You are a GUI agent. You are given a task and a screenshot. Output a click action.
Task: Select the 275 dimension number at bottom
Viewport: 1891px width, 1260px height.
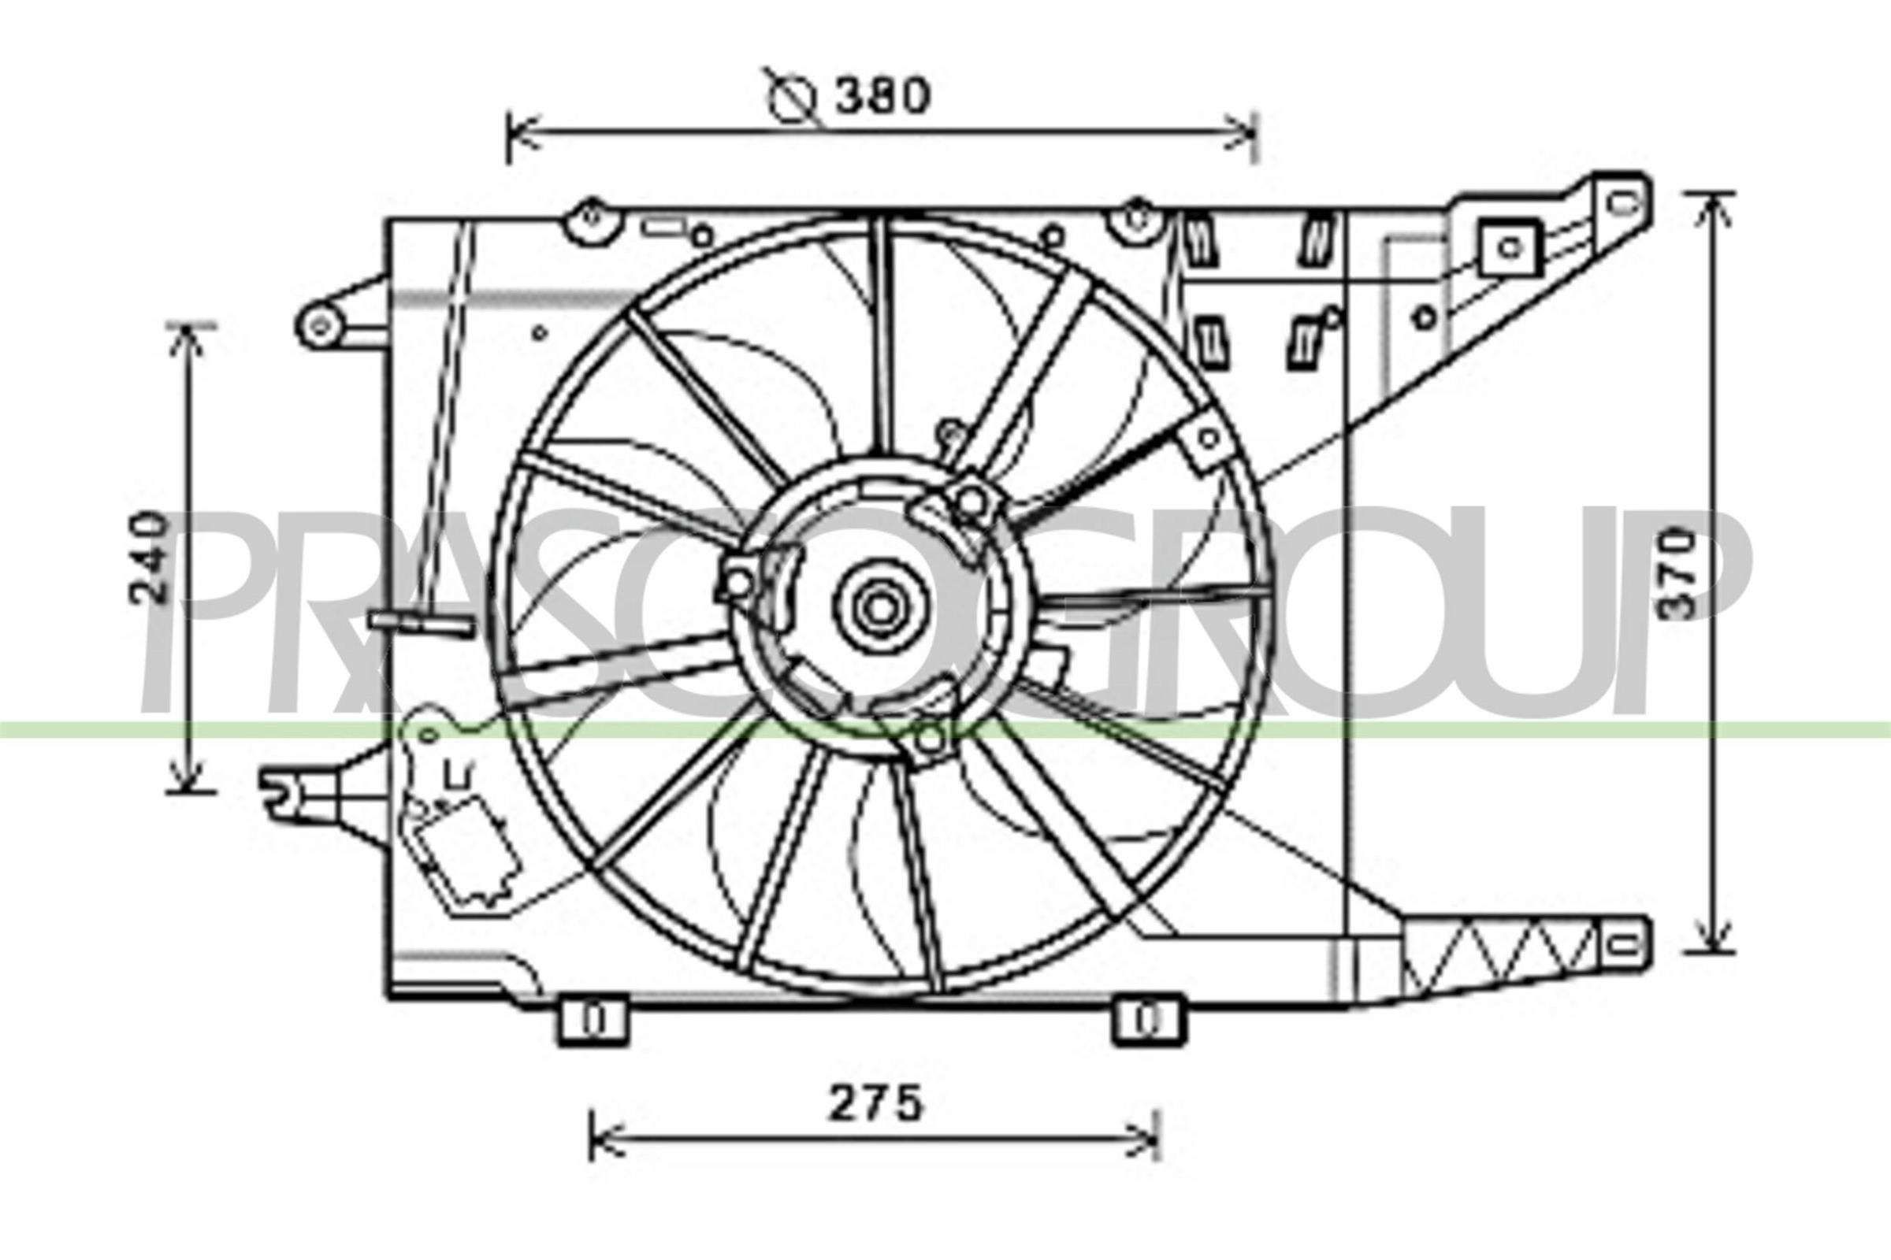(x=876, y=1105)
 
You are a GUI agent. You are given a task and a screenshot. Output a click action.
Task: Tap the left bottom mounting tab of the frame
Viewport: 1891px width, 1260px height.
(x=593, y=1021)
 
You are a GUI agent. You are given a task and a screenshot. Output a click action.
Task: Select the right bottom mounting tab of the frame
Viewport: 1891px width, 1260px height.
(x=1148, y=1021)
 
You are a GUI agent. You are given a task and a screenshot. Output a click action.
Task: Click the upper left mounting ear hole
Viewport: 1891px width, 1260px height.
(x=321, y=325)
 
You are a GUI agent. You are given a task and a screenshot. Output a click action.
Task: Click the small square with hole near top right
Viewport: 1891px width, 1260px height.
(x=1510, y=246)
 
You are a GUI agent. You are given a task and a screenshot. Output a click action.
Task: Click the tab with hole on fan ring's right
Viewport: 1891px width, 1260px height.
(x=1209, y=439)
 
